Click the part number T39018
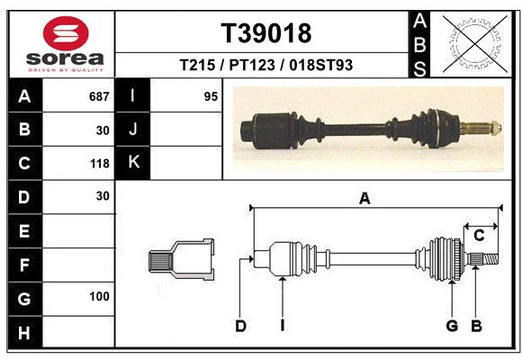pyautogui.click(x=265, y=33)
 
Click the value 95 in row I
pyautogui.click(x=211, y=96)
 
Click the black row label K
pyautogui.click(x=133, y=163)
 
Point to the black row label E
pyautogui.click(x=23, y=231)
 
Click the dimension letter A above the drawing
pyautogui.click(x=364, y=199)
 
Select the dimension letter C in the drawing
pyautogui.click(x=479, y=236)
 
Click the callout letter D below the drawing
pyautogui.click(x=240, y=326)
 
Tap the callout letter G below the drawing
pyautogui.click(x=452, y=326)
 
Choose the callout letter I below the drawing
pyautogui.click(x=282, y=326)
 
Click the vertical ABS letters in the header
pyautogui.click(x=419, y=43)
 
